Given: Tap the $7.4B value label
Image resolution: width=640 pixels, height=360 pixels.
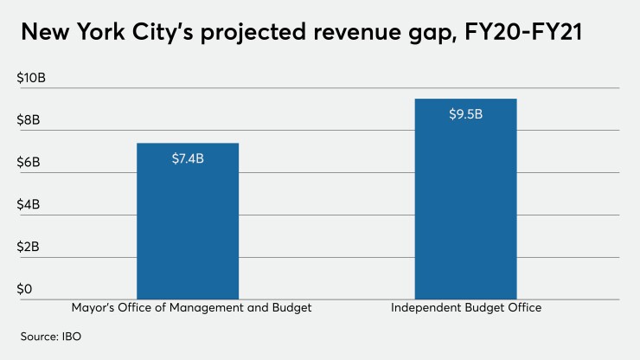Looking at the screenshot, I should click(x=188, y=157).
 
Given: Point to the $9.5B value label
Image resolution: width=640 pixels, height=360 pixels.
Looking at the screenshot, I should click(x=465, y=114).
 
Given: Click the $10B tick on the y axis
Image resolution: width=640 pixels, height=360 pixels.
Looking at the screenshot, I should click(x=31, y=78).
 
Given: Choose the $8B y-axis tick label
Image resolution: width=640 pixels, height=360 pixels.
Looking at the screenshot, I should click(x=29, y=120).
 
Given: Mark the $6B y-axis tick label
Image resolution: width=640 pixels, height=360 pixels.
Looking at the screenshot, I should click(x=29, y=163).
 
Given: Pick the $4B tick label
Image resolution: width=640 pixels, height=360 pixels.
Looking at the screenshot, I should click(x=29, y=205).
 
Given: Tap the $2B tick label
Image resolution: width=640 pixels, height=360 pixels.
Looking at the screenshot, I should click(x=29, y=247).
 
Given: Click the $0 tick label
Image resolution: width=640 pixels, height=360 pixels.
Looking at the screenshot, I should click(x=25, y=289).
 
